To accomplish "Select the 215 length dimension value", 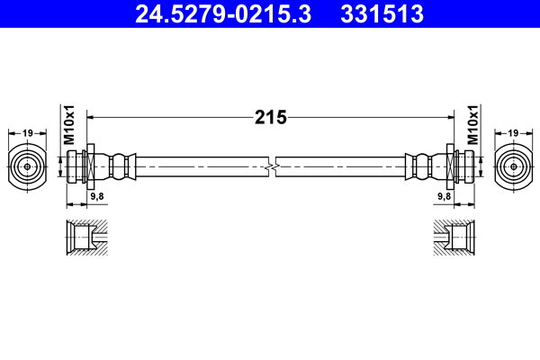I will [270, 117].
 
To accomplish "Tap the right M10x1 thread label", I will [472, 127].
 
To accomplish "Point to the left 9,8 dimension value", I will [95, 195].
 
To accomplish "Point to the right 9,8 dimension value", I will [444, 195].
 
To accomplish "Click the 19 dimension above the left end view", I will [29, 133].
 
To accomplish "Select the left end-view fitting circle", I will [29, 166].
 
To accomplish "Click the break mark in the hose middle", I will [271, 166].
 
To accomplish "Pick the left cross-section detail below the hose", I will [86, 238].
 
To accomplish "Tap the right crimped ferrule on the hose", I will [424, 166].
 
